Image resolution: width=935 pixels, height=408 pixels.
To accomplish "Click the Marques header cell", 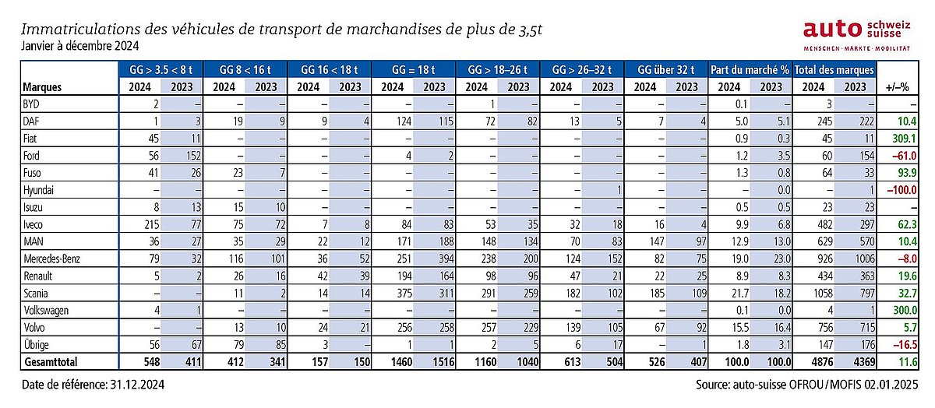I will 42,86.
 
